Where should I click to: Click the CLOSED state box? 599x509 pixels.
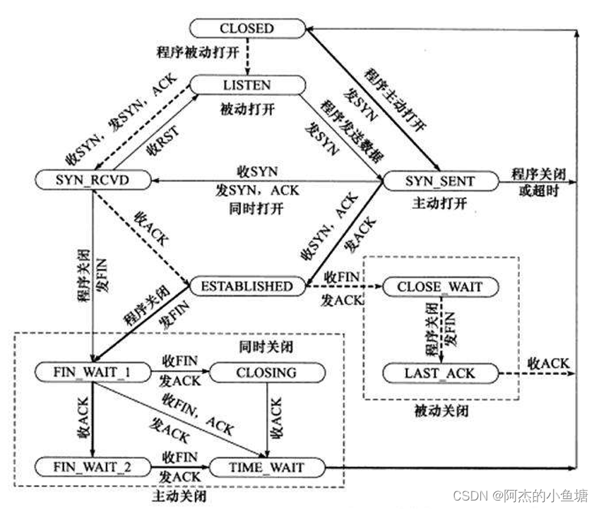[247, 29]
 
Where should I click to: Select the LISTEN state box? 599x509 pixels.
[247, 85]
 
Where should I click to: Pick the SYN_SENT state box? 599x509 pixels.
[440, 181]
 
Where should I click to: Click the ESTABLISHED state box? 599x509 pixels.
[247, 286]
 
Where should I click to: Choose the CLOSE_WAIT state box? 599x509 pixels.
[440, 287]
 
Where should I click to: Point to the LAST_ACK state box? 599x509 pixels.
[440, 372]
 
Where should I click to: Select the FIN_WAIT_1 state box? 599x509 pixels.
[93, 371]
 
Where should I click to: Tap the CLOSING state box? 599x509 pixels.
[267, 372]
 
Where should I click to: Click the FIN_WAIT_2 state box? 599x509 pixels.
[93, 467]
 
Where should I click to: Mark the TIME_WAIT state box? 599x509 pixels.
[267, 467]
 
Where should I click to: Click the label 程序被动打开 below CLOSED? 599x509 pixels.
[199, 53]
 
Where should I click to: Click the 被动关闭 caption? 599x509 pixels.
[440, 410]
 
